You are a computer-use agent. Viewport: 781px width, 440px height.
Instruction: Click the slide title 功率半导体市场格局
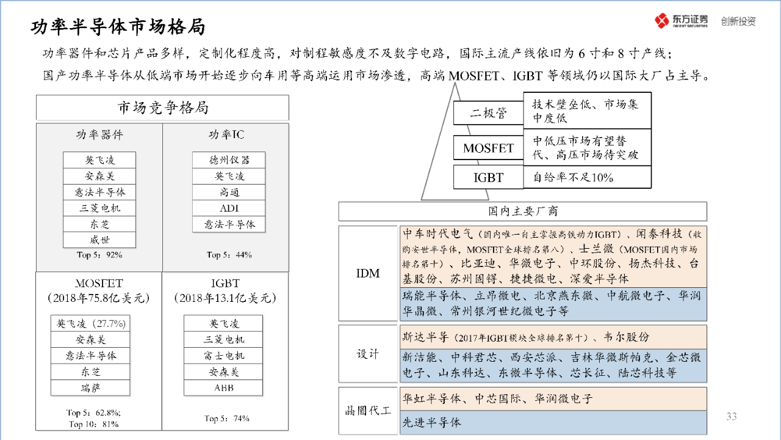118,28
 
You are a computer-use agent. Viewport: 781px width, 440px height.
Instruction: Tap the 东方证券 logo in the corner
682,21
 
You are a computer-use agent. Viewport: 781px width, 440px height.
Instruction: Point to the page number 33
732,417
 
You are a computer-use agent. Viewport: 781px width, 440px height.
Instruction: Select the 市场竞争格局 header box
162,108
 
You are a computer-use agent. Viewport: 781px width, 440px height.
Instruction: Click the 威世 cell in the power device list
99,240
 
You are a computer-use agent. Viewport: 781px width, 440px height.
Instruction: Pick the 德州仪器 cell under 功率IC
229,160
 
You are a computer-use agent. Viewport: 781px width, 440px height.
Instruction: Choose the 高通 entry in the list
229,192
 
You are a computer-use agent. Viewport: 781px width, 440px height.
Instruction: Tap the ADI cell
229,208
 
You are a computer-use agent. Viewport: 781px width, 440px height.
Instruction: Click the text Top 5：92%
99,255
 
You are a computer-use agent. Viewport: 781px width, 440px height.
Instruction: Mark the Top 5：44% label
229,255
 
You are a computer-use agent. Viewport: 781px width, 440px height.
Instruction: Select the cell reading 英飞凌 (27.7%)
90,323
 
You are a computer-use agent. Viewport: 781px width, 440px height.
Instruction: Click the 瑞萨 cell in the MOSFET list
90,387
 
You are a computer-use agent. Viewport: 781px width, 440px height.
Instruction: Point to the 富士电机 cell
223,356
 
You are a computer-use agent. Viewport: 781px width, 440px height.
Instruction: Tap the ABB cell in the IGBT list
223,387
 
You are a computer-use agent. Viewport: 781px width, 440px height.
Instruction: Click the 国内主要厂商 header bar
522,211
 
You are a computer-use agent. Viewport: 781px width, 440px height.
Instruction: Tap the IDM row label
368,273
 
